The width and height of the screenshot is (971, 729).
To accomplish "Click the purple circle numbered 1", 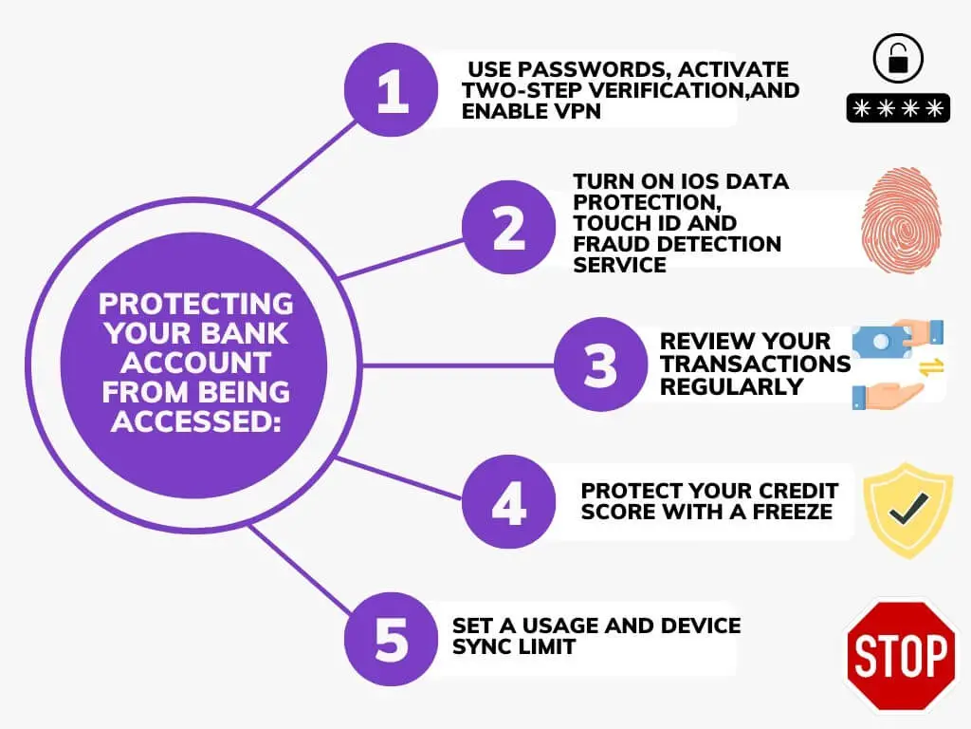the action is pyautogui.click(x=392, y=90).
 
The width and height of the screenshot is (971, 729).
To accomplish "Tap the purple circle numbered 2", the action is pyautogui.click(x=508, y=228).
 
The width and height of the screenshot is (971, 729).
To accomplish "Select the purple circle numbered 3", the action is pyautogui.click(x=600, y=364).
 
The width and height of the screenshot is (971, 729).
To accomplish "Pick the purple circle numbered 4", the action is pyautogui.click(x=508, y=501).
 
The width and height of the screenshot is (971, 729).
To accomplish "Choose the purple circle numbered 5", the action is pyautogui.click(x=392, y=639).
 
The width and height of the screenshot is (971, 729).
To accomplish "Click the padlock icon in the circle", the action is pyautogui.click(x=898, y=58).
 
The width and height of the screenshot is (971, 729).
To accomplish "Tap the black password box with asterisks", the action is pyautogui.click(x=898, y=108).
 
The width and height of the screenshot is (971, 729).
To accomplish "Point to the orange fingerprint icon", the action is pyautogui.click(x=901, y=220).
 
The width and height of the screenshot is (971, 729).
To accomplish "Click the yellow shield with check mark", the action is pyautogui.click(x=907, y=510).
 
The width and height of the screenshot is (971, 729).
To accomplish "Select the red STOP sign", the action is pyautogui.click(x=901, y=655).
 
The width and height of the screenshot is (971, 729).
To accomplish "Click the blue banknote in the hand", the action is pyautogui.click(x=883, y=342).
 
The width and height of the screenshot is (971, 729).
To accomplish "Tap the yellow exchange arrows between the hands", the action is pyautogui.click(x=931, y=367).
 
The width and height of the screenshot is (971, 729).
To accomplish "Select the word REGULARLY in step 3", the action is pyautogui.click(x=731, y=387).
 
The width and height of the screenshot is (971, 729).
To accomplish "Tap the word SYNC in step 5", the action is pyautogui.click(x=480, y=646).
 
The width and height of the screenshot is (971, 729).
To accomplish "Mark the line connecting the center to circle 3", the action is pyautogui.click(x=457, y=365).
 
